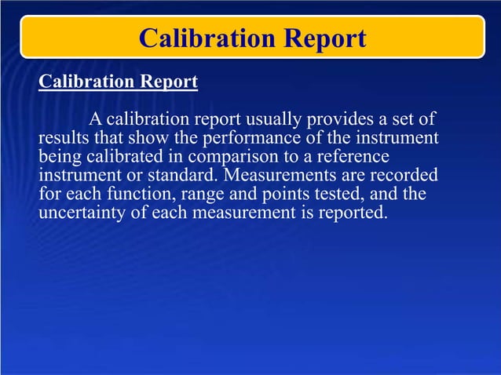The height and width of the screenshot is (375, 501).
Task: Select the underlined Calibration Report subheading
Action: [x=118, y=82]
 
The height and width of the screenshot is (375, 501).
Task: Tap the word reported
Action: [x=353, y=213]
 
